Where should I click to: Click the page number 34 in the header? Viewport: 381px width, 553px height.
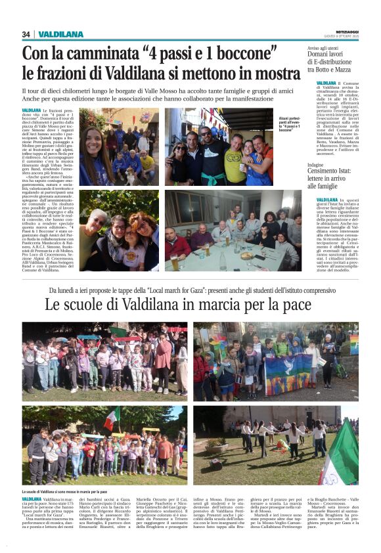pyautogui.click(x=26, y=34)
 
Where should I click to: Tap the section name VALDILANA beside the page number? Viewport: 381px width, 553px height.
pyautogui.click(x=60, y=34)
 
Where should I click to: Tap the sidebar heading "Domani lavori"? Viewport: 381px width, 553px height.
pyautogui.click(x=328, y=56)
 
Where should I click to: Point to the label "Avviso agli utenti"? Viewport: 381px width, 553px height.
pyautogui.click(x=324, y=48)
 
